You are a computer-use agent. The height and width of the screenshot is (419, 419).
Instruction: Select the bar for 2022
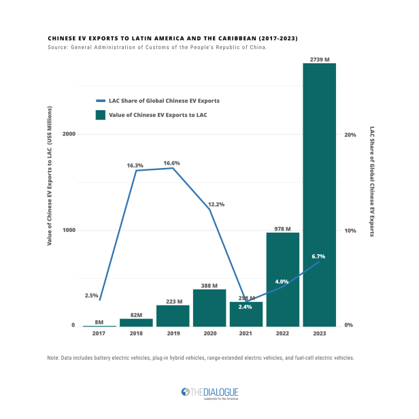282,279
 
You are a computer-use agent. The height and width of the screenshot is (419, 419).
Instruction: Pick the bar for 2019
173,316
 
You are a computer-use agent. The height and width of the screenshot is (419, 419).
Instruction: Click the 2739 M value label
319,59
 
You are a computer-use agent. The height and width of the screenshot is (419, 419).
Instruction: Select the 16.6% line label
173,163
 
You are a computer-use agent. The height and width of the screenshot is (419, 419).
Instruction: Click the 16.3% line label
135,165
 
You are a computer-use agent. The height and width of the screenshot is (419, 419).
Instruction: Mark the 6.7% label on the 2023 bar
318,256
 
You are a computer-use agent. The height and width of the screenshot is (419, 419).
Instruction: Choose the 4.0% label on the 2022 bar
282,282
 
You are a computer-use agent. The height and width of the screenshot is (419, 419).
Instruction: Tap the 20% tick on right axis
350,135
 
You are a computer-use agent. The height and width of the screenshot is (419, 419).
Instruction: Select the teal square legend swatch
101,115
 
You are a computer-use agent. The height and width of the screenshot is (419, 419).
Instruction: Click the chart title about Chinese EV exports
173,38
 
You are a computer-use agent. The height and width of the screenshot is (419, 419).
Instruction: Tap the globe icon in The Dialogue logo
184,392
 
